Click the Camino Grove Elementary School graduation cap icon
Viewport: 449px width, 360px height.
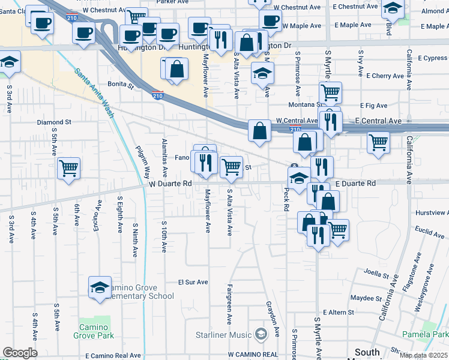[100, 287]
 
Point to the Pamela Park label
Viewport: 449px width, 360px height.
[426, 334]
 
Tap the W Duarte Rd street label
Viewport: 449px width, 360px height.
[170, 184]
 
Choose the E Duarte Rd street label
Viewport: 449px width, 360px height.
[355, 183]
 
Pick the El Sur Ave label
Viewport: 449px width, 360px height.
[193, 282]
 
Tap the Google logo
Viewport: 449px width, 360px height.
[20, 353]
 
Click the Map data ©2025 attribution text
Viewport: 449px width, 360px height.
[423, 355]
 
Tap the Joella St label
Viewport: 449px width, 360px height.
[376, 274]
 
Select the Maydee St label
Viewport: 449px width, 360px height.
[366, 298]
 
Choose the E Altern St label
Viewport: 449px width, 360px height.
[339, 313]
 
